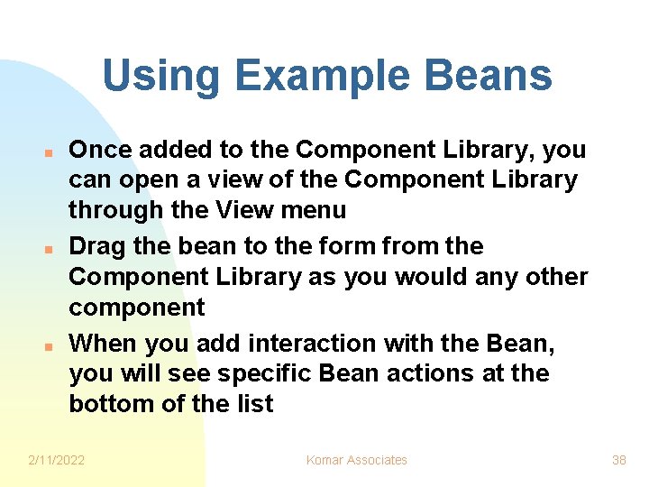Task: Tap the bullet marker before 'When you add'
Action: coord(52,345)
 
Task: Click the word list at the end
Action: coord(254,404)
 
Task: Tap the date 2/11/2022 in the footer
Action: coord(57,460)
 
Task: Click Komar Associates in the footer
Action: coord(357,460)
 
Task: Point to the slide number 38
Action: coord(618,460)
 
